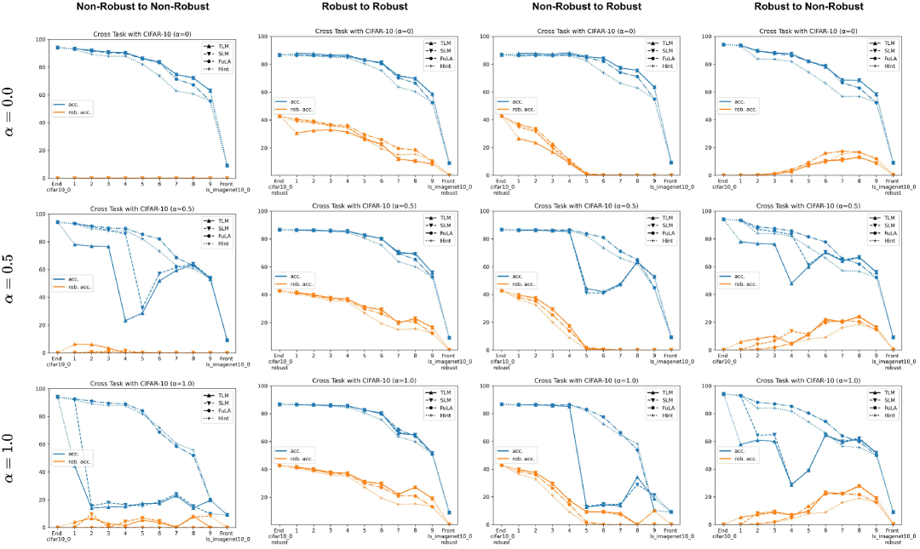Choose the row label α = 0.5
coord(14,285)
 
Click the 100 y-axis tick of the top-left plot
coord(39,40)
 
